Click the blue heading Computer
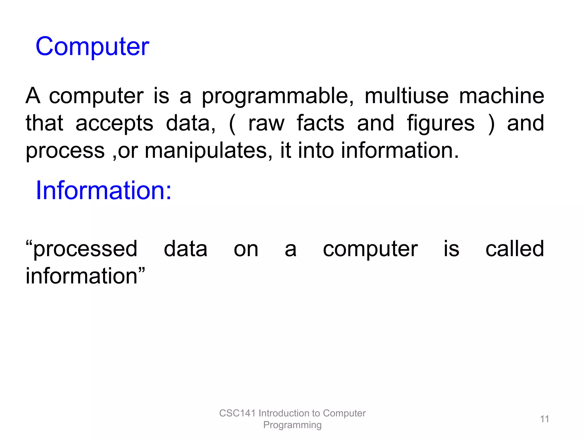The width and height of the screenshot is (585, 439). pos(92,47)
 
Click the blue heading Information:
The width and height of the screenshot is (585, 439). pos(103,190)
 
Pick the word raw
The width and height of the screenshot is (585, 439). pos(266,123)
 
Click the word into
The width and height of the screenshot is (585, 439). pos(316,150)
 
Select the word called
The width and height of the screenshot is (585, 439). pos(515,249)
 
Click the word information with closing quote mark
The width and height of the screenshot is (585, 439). pos(85,276)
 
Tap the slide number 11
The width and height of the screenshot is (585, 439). pos(544,419)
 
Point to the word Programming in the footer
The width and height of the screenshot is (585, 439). pos(292,425)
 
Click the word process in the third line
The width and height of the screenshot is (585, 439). pos(65,151)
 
